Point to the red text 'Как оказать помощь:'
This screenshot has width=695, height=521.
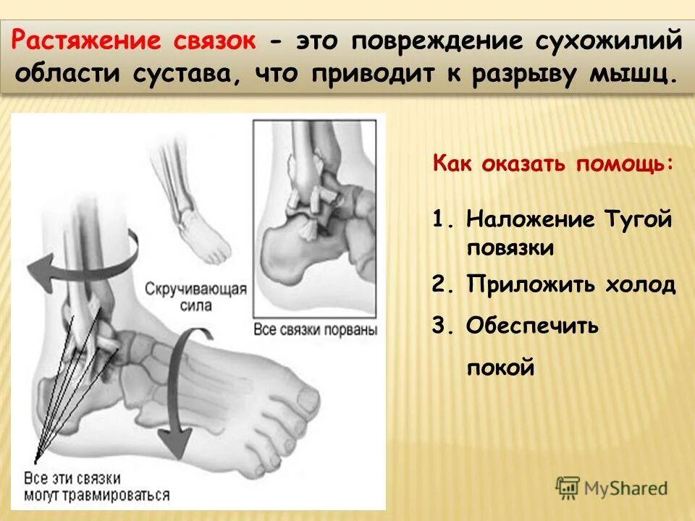click(553, 163)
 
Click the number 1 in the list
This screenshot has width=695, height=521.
click(439, 219)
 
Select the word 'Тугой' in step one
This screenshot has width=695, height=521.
click(637, 219)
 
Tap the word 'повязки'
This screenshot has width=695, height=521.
click(510, 248)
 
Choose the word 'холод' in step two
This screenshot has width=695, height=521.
click(639, 284)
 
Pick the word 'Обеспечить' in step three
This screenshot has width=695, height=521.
click(532, 326)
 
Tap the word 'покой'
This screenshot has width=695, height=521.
click(500, 368)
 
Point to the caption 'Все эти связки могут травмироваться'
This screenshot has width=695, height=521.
click(96, 486)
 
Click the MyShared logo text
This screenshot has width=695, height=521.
click(625, 488)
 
